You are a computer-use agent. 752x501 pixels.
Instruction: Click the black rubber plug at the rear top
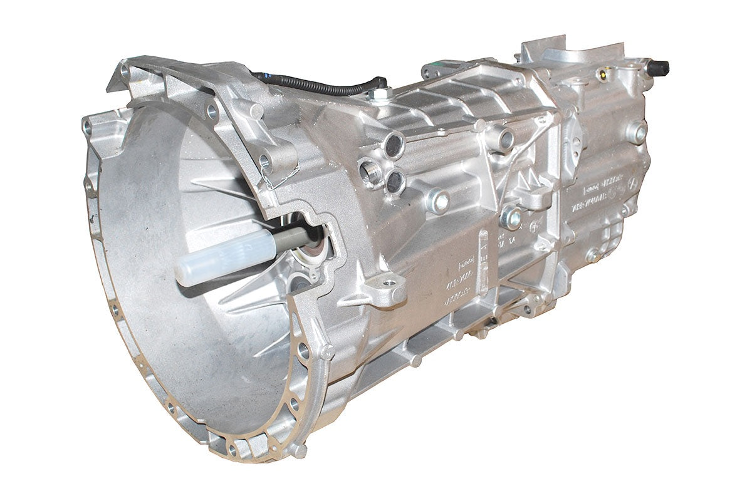pos(660,66)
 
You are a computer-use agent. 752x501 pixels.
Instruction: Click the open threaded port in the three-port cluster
pos(370,171)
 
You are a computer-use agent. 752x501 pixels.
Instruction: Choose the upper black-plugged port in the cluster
pos(394,145)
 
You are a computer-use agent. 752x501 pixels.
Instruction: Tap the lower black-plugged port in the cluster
pos(395,181)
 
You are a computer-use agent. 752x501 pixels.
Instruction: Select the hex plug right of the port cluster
pos(439,201)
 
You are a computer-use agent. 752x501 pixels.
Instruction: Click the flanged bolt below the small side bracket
pos(511,217)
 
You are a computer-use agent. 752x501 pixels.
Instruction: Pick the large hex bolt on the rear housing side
pos(636,132)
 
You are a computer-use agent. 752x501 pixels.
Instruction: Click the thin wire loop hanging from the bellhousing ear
pos(268,182)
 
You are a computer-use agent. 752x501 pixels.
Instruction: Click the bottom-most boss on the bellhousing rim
pos(298,450)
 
